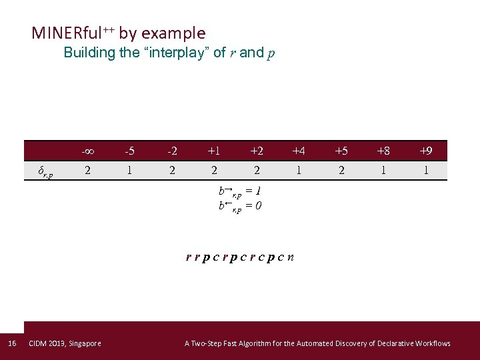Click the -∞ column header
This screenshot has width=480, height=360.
coord(87,151)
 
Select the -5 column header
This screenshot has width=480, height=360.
coord(129,151)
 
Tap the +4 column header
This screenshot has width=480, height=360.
coord(299,151)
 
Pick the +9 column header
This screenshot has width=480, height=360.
coord(426,151)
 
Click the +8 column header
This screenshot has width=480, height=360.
coord(383,151)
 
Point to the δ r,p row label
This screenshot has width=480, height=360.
coord(45,173)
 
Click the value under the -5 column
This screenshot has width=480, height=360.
coord(129,171)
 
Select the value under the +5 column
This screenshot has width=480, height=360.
coord(341,171)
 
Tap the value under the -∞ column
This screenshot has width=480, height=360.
coord(87,171)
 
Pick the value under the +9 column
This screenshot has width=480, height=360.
coord(426,171)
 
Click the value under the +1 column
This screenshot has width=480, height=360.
coord(214,171)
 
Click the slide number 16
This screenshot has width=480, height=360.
coord(11,343)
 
